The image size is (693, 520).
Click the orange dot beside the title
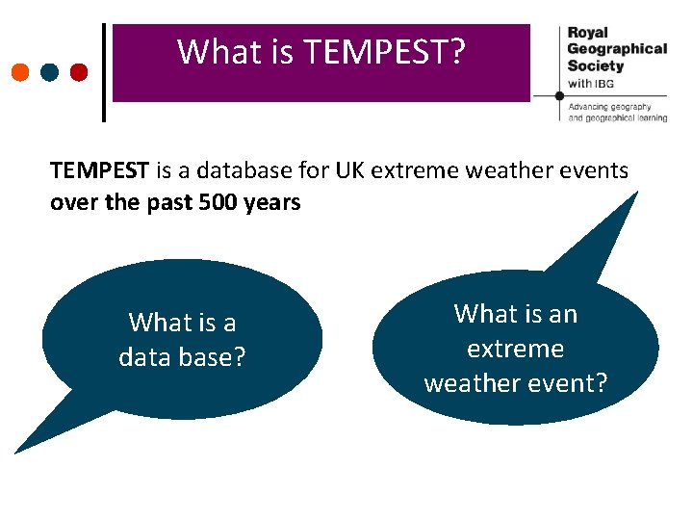click(x=20, y=72)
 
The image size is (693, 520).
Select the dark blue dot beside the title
click(x=50, y=72)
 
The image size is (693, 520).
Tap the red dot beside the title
click(x=79, y=72)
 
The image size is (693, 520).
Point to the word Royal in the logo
click(x=587, y=32)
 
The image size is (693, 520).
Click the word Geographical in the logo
click(x=616, y=48)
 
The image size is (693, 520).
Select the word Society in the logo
click(x=596, y=65)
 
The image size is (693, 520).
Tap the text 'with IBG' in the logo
click(x=590, y=84)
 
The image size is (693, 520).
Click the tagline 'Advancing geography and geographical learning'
click(x=616, y=112)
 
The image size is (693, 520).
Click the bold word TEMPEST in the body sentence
click(x=99, y=171)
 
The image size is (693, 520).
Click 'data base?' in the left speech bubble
click(x=182, y=357)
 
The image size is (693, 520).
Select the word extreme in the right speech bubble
click(x=515, y=349)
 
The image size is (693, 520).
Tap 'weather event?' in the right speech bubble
click(x=515, y=383)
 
